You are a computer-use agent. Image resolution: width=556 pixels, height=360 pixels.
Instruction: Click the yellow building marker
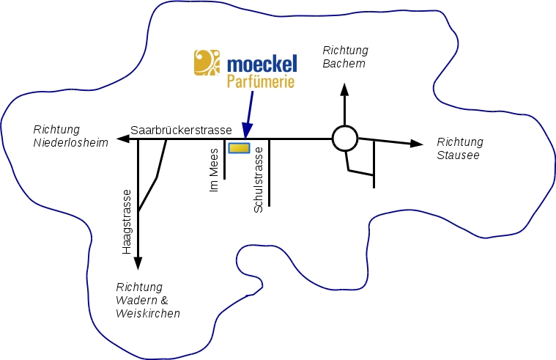[x=239, y=148]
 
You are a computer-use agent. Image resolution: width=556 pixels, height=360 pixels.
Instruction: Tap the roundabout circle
[x=344, y=138]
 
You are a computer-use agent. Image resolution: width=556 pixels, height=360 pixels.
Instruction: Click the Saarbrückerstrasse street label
[x=181, y=130]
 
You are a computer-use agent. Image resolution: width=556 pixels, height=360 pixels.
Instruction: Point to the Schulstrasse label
[x=258, y=184]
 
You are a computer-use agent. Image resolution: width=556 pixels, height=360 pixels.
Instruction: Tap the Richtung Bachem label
[x=344, y=57]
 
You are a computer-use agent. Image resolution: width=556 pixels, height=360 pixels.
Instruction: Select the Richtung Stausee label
[x=459, y=148]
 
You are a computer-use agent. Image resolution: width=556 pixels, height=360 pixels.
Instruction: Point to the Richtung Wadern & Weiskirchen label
[x=147, y=300]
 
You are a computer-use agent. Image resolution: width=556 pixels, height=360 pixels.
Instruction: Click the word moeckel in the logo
[x=262, y=62]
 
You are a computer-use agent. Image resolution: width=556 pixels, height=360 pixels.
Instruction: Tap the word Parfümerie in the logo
[x=261, y=80]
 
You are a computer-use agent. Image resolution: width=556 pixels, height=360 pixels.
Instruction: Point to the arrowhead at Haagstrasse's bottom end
[x=138, y=264]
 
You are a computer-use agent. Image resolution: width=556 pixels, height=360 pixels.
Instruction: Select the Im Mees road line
[x=224, y=158]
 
